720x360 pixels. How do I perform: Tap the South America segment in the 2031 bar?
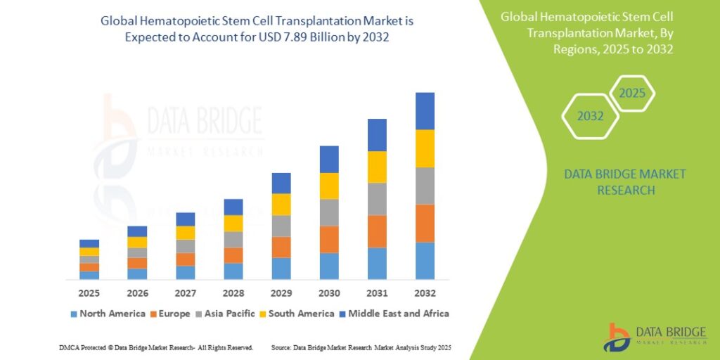click(377, 167)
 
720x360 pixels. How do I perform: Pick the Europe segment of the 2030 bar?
click(329, 239)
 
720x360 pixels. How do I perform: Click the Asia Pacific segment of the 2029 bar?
click(281, 226)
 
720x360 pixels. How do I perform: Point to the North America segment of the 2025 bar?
click(89, 275)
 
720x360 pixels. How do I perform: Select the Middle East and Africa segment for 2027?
click(186, 219)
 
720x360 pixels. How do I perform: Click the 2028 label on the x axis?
click(233, 292)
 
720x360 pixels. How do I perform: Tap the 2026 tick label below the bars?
click(138, 292)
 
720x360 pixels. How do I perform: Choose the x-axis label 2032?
click(425, 292)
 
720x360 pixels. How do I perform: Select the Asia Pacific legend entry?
click(225, 313)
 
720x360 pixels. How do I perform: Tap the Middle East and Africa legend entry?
click(394, 313)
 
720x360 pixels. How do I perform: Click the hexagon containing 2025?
click(632, 93)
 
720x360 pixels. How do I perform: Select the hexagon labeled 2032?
click(590, 116)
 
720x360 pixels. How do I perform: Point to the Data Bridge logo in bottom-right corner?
click(655, 337)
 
